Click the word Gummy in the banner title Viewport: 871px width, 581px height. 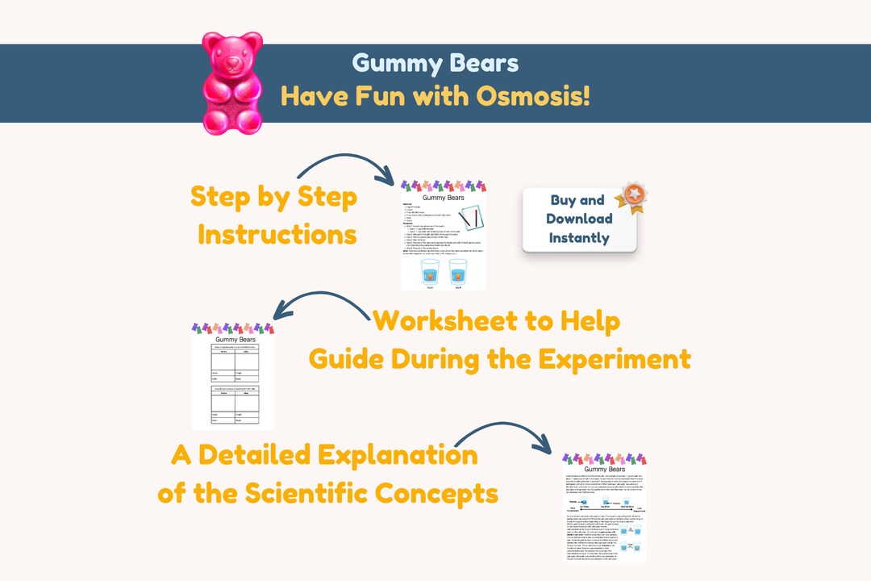(x=392, y=63)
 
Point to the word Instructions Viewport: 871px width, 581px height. (x=277, y=235)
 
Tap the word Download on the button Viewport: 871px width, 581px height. (x=579, y=219)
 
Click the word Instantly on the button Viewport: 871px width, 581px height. (x=579, y=238)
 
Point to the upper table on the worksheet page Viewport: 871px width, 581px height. (x=234, y=365)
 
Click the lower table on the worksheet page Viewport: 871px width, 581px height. (x=234, y=405)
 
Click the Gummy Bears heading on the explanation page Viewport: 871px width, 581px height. (x=604, y=469)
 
